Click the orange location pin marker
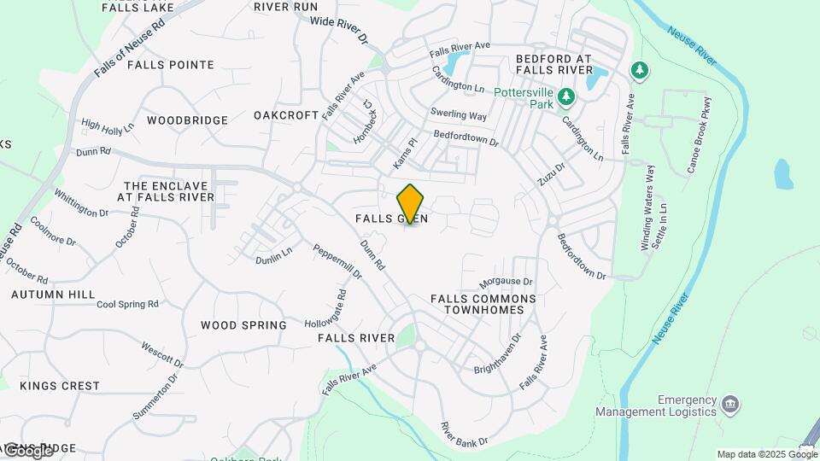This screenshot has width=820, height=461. click(411, 204)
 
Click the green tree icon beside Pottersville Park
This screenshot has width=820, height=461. click(566, 100)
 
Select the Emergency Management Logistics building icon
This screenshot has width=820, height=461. click(730, 403)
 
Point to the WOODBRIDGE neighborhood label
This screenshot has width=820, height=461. click(187, 120)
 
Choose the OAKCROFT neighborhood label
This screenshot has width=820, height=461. click(286, 115)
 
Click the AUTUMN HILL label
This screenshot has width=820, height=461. click(53, 295)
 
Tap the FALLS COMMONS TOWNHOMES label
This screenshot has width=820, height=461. click(483, 305)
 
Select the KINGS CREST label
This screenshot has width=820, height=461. click(60, 386)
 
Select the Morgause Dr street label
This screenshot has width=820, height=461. click(506, 282)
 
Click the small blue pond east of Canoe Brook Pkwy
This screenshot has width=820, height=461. click(782, 174)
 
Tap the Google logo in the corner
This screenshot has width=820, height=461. click(27, 450)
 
